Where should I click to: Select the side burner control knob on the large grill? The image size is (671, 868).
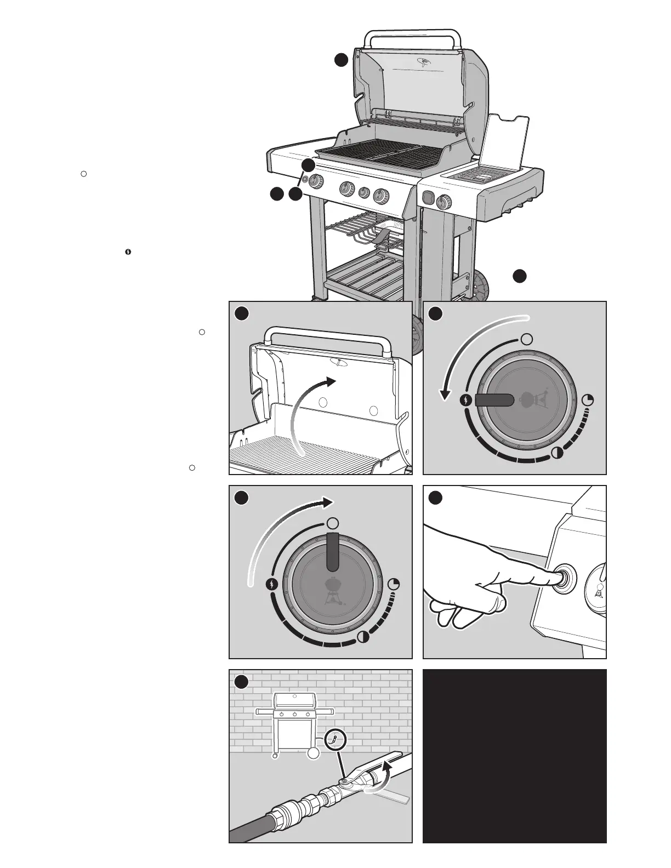pos(443,202)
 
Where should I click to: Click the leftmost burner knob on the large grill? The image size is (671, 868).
pos(315,182)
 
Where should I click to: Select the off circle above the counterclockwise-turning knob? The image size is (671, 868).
pos(526,339)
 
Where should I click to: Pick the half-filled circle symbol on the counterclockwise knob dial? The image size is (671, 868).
pos(556,453)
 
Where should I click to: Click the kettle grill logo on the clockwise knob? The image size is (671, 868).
pos(333,593)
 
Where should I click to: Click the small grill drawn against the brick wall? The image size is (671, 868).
pos(295,723)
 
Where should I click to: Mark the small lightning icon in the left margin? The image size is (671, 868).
pos(128,252)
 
